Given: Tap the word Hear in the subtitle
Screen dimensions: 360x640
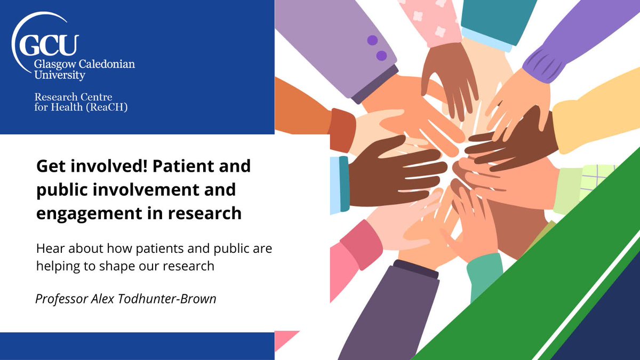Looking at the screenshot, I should pyautogui.click(x=49, y=250).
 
